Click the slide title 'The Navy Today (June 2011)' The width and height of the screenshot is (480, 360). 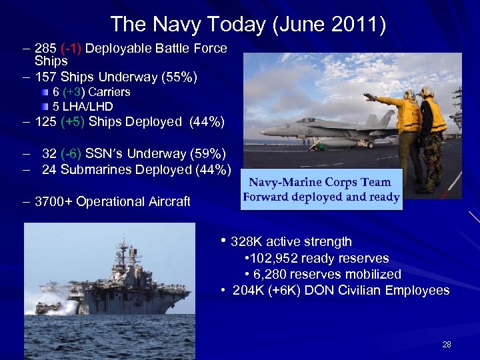tap(248, 25)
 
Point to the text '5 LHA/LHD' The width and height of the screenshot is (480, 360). tap(83, 106)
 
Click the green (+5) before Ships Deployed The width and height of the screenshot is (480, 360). tap(72, 122)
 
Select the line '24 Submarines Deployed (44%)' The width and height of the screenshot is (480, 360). tap(136, 169)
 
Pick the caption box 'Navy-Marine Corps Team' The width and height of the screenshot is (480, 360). tap(321, 189)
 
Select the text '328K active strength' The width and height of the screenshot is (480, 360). tap(291, 241)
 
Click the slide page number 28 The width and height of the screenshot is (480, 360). tap(446, 345)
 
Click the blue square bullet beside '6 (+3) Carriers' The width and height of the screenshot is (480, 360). tap(44, 92)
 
